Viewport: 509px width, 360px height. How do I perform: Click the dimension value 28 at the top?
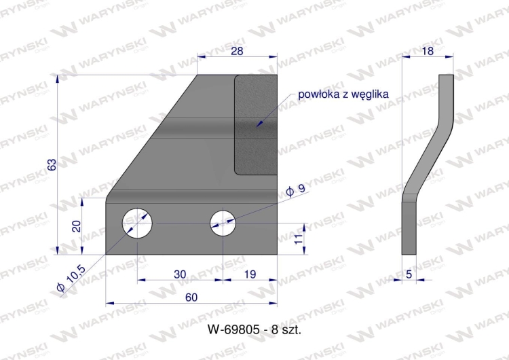237,51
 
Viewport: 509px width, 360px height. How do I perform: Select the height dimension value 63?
52,164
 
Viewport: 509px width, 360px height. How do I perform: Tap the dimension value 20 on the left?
76,226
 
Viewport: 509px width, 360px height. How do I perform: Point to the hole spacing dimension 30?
179,274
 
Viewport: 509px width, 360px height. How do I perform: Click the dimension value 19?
250,274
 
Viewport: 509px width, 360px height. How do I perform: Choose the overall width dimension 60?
191,297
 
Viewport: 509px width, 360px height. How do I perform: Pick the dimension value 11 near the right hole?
297,238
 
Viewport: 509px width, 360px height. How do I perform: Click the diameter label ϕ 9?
296,192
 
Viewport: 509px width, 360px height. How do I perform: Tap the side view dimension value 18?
427,51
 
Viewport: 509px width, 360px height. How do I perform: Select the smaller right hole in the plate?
223,222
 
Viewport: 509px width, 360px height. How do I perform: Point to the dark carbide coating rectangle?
256,124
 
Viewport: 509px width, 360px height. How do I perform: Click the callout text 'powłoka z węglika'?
343,94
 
